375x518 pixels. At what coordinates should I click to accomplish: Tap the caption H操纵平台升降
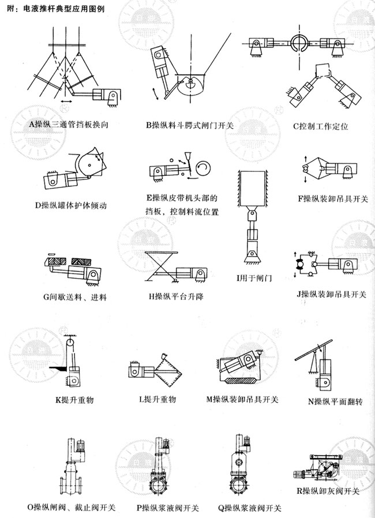(176, 297)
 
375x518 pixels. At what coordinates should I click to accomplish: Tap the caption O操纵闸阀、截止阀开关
(71, 508)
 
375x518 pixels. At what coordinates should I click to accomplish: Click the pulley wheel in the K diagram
(70, 348)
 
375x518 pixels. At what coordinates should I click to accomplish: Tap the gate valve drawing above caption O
(72, 467)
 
